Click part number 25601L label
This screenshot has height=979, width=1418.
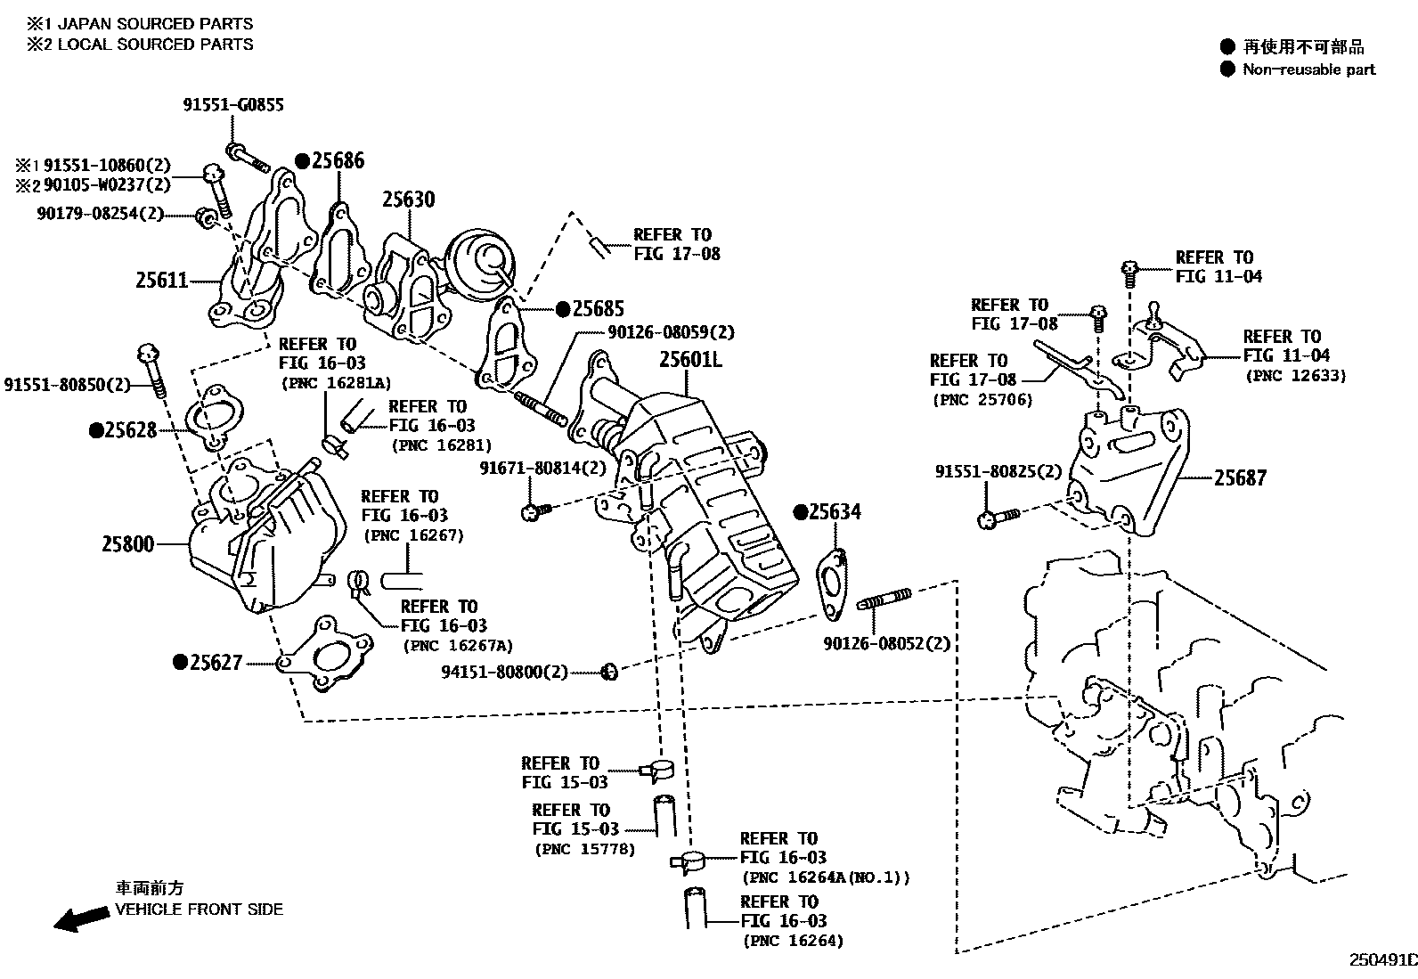(690, 360)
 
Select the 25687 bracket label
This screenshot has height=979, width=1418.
(1240, 478)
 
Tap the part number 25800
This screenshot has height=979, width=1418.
(127, 543)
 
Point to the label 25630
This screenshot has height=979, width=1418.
(409, 200)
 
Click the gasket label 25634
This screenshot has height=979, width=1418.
(835, 512)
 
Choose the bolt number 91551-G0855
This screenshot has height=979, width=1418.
(233, 105)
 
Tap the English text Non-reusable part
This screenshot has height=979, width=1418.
(1308, 69)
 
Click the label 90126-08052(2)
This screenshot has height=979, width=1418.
(886, 643)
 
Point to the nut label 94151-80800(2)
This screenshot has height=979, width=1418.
(504, 672)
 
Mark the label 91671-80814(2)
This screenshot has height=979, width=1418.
(542, 468)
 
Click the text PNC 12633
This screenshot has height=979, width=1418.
(1295, 376)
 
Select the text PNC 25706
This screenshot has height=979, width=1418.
(982, 400)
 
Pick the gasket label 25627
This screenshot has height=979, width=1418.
(214, 663)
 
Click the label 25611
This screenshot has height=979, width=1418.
(162, 281)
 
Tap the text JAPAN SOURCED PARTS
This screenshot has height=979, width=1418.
(155, 24)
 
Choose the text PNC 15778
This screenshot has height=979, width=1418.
(585, 849)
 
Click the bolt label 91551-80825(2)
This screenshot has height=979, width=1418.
(998, 471)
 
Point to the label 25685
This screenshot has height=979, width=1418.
(598, 309)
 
